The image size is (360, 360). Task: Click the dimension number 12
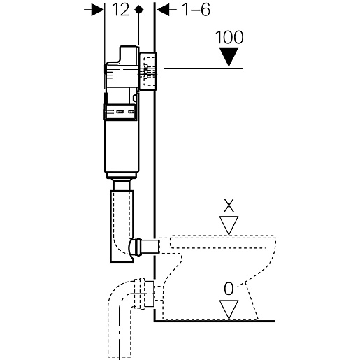coord(120,10)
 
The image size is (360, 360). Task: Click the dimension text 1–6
coord(196,10)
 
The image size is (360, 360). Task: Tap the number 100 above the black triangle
coord(229,37)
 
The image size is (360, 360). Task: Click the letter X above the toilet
coord(229,206)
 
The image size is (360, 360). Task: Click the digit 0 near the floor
coord(229,289)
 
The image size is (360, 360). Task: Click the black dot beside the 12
coord(139,10)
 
